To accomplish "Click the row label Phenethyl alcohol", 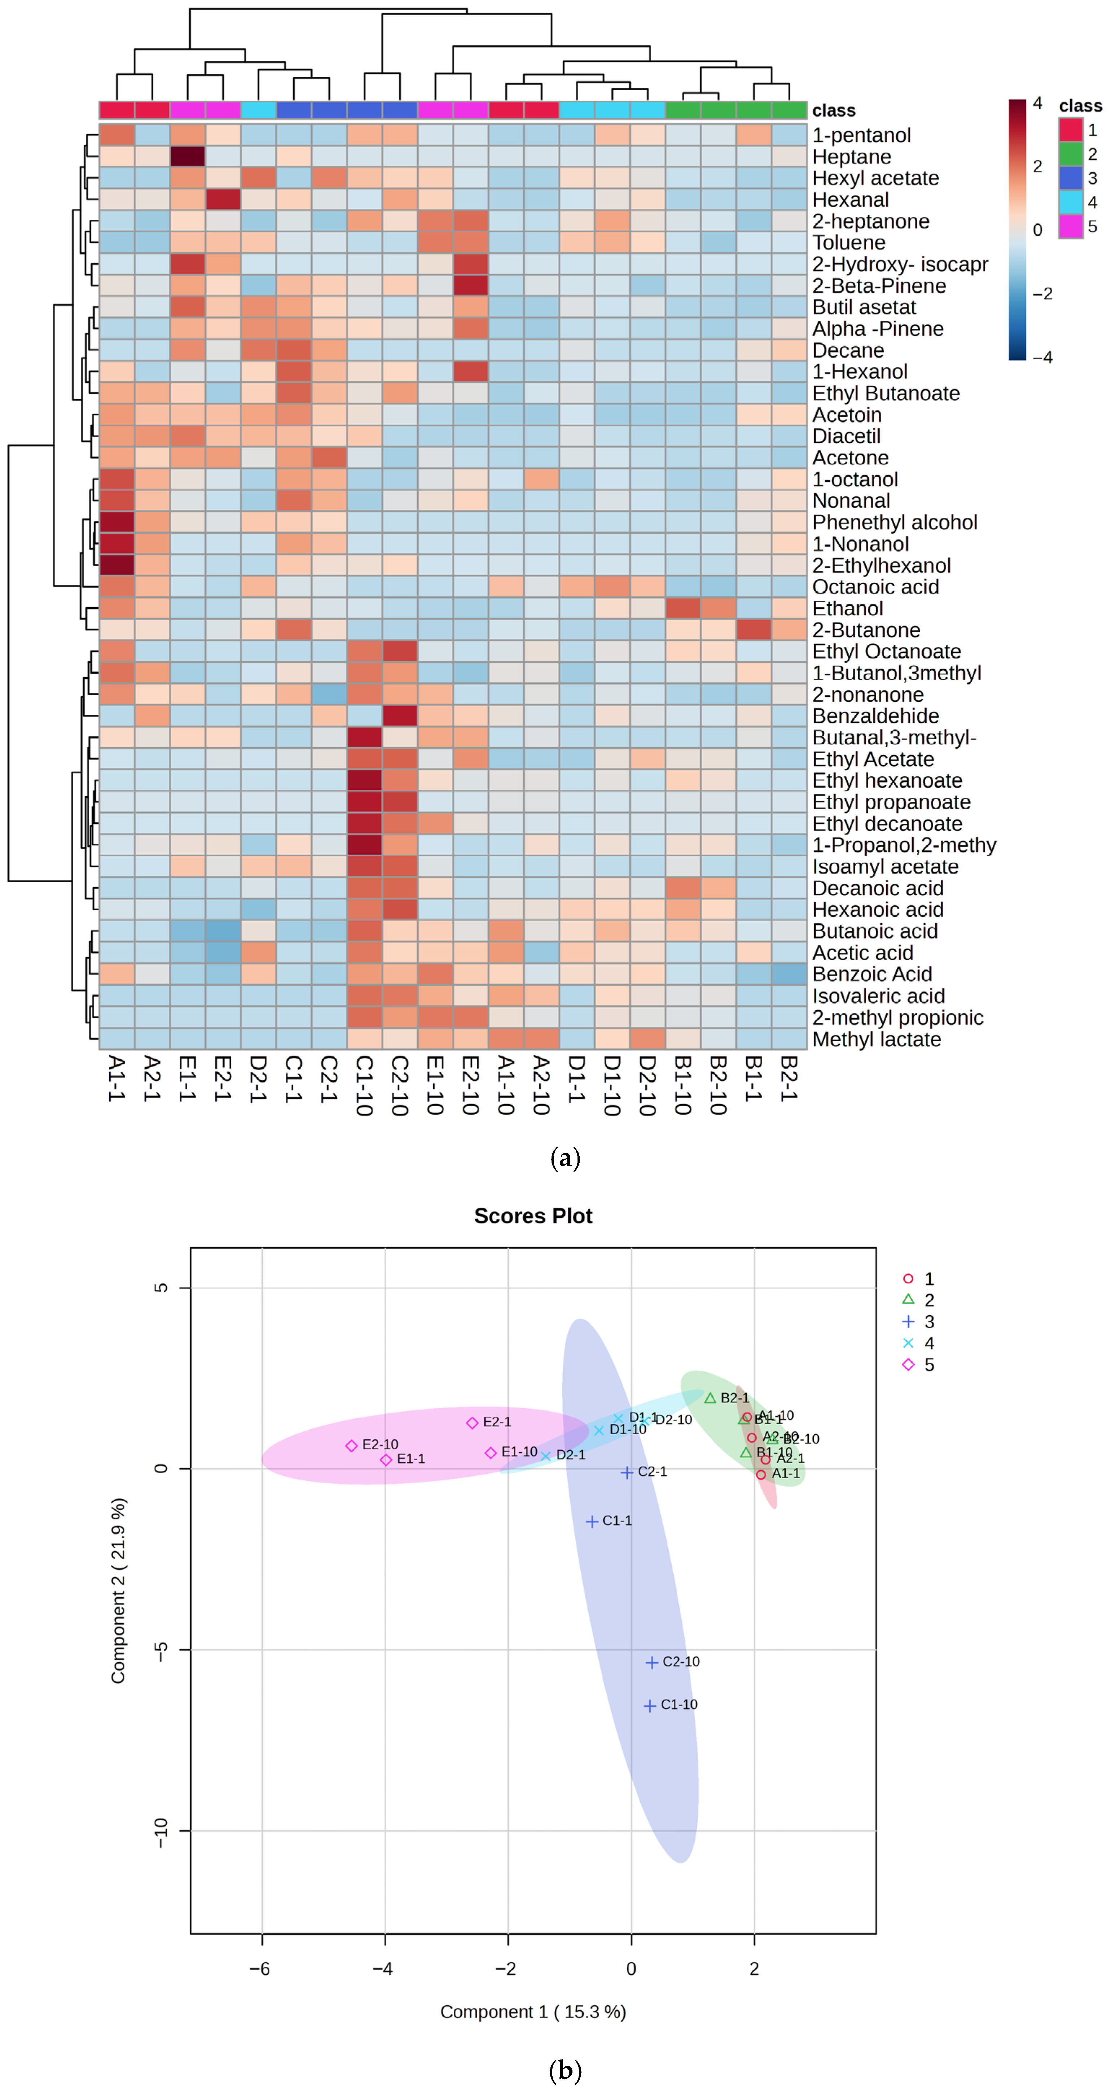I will [894, 522].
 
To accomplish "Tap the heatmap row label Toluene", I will [849, 243].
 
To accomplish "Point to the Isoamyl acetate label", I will [885, 867].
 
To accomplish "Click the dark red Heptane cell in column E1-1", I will [188, 157].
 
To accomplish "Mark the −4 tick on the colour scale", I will [1042, 357].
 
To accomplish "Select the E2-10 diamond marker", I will [352, 1445].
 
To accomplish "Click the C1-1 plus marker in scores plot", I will [592, 1521].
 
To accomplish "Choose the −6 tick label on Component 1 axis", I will [260, 1969].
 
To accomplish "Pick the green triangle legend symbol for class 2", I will [908, 1299].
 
